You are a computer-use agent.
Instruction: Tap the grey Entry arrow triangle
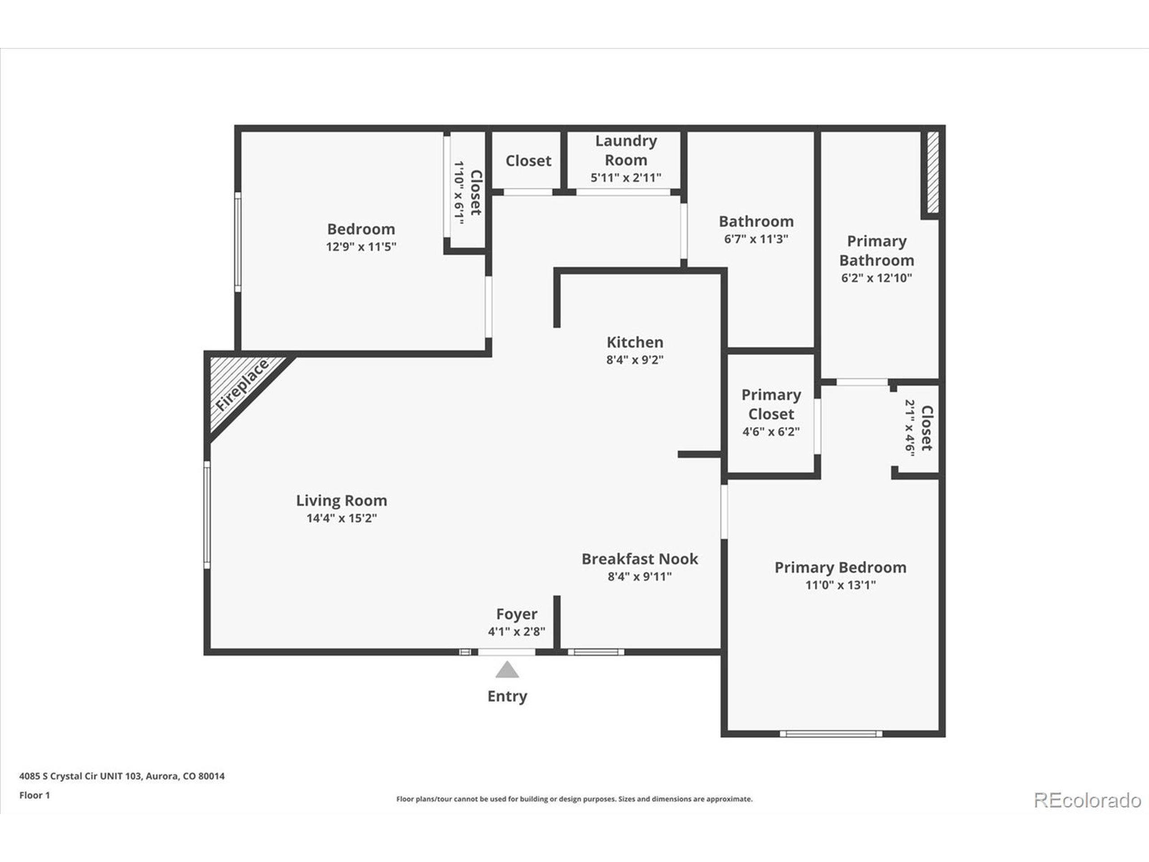click(x=507, y=671)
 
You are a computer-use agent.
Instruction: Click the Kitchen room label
click(x=635, y=343)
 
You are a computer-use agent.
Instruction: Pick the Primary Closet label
click(x=771, y=404)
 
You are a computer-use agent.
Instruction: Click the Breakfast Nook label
click(x=640, y=559)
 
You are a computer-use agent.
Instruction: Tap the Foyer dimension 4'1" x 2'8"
click(x=516, y=632)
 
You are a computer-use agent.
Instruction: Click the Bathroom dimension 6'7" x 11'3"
click(x=756, y=239)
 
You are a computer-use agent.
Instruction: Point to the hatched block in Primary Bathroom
click(x=932, y=172)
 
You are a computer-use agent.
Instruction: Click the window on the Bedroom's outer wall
click(x=238, y=242)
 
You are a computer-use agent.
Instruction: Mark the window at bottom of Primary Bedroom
click(x=831, y=734)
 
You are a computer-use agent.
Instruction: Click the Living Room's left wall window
click(x=207, y=515)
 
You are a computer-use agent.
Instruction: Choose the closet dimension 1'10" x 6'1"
click(x=458, y=192)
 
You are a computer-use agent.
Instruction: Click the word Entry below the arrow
click(x=507, y=696)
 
